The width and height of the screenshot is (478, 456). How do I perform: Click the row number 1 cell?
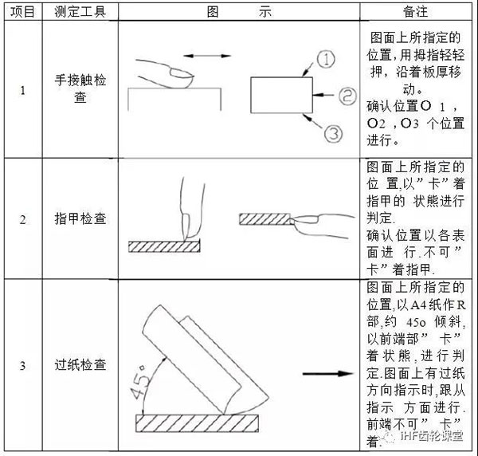point(22,89)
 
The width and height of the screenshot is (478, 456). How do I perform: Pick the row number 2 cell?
point(22,218)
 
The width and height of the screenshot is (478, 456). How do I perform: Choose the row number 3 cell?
point(22,365)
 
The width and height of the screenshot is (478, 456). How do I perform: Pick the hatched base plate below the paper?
point(208,420)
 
